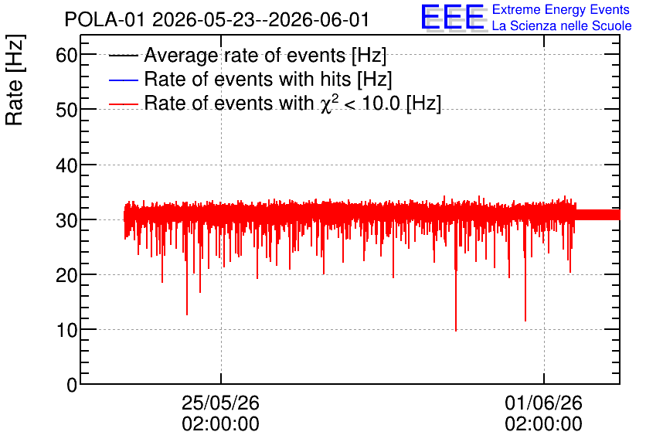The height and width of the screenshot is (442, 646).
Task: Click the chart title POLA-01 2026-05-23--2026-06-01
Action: (x=216, y=19)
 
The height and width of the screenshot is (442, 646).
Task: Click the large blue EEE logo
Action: (x=453, y=17)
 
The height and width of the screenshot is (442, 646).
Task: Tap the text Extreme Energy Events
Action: (x=561, y=9)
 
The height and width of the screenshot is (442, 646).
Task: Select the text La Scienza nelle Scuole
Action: (x=562, y=26)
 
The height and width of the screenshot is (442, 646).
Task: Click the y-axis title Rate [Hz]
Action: (x=15, y=80)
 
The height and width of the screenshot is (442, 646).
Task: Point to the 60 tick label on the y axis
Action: (x=66, y=55)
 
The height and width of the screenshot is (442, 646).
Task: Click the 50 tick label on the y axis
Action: (x=66, y=110)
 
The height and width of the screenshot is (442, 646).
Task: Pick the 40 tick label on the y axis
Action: (x=66, y=165)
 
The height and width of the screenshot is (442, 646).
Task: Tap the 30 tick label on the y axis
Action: (x=66, y=220)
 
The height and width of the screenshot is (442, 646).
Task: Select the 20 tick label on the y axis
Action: (x=66, y=275)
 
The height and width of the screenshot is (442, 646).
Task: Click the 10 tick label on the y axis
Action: (x=66, y=329)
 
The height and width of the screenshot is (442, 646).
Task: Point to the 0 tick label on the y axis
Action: (x=72, y=385)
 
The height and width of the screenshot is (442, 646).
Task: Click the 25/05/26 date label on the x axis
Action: (x=220, y=403)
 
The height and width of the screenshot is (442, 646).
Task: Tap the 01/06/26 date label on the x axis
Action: (x=543, y=403)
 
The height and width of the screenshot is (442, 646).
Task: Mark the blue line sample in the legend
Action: (x=123, y=80)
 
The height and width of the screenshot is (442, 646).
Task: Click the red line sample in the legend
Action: (x=123, y=104)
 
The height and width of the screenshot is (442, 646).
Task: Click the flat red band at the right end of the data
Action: (x=597, y=215)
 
